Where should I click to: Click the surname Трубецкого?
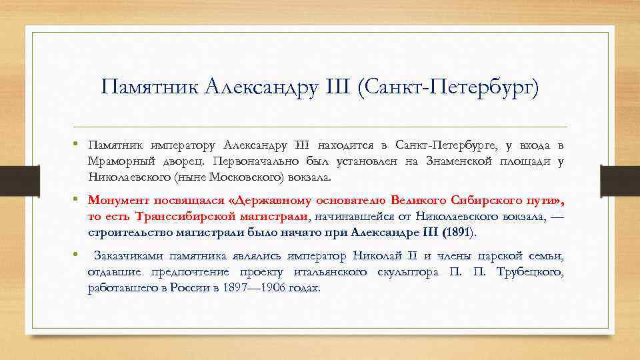click(x=530, y=272)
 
